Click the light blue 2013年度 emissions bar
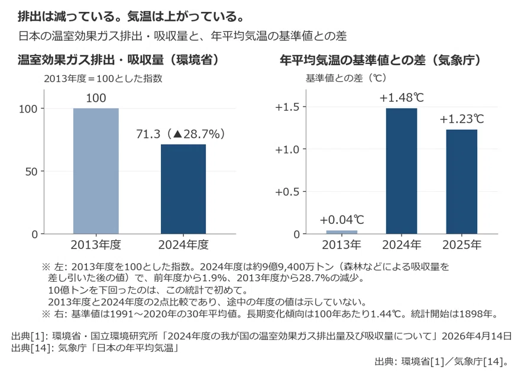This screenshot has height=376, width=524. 96,171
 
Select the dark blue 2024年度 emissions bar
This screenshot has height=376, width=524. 183,189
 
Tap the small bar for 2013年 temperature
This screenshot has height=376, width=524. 341,232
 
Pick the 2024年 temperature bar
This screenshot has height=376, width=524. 402,171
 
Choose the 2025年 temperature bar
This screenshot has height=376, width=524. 461,182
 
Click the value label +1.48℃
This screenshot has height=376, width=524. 402,98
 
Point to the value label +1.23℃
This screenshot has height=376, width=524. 462,119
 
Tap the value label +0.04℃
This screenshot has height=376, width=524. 342,220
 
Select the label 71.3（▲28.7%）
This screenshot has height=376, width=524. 181,134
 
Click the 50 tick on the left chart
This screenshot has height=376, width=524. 31,172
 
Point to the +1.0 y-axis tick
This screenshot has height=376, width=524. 287,149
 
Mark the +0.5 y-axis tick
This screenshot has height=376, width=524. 287,192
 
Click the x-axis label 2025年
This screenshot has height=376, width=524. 462,245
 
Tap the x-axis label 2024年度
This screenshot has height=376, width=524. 183,245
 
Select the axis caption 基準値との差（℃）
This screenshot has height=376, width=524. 347,78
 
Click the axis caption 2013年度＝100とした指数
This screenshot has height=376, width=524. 103,78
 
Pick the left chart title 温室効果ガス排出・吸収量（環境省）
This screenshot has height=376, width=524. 119,60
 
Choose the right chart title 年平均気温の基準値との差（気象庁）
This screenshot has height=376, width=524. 381,60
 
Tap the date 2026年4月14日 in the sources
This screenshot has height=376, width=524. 477,336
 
